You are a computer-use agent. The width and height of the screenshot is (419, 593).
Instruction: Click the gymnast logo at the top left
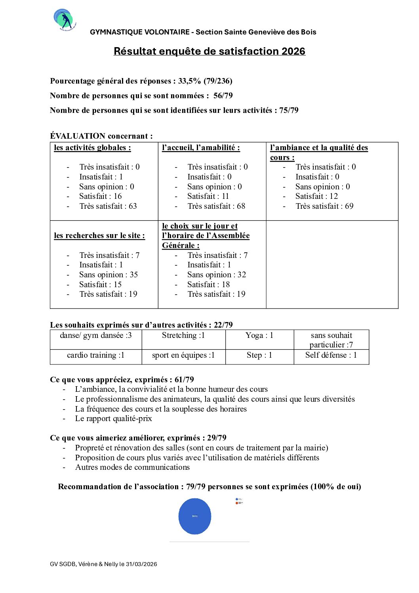[x=65, y=20]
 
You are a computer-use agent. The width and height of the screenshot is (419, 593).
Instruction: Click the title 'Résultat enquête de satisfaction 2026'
[x=209, y=51]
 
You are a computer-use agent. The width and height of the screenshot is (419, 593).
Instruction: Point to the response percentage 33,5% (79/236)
[x=205, y=81]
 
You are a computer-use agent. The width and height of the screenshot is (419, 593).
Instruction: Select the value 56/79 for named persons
[x=223, y=95]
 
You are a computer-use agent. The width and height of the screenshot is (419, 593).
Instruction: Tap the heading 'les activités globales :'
[x=92, y=148]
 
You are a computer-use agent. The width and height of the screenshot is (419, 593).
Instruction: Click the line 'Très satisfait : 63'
[x=108, y=206]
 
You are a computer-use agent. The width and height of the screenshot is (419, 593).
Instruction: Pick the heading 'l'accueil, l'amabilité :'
[x=201, y=148]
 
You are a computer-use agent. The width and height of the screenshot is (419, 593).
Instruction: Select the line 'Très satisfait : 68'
[x=216, y=206]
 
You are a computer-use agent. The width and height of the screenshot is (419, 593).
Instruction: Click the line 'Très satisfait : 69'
[x=324, y=206]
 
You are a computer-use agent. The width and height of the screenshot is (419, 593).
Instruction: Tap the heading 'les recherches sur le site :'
[x=99, y=235]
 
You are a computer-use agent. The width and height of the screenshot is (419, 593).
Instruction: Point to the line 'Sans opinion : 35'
[x=108, y=275]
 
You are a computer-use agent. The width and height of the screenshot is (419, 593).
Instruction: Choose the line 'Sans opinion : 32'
[x=217, y=275]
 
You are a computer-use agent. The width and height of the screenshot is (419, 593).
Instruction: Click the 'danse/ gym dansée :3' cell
[x=96, y=336]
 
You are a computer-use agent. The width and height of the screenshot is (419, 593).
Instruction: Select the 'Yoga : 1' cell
[x=259, y=336]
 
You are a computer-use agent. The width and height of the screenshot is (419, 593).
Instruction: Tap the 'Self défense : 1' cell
[x=331, y=355]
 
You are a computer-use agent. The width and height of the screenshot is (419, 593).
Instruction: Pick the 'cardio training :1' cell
[x=96, y=355]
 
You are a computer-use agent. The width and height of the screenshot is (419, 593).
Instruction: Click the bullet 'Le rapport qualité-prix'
[x=114, y=418]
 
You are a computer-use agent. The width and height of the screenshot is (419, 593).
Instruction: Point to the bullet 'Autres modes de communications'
[x=132, y=467]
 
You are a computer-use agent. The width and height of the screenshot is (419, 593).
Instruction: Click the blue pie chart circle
[x=194, y=516]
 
